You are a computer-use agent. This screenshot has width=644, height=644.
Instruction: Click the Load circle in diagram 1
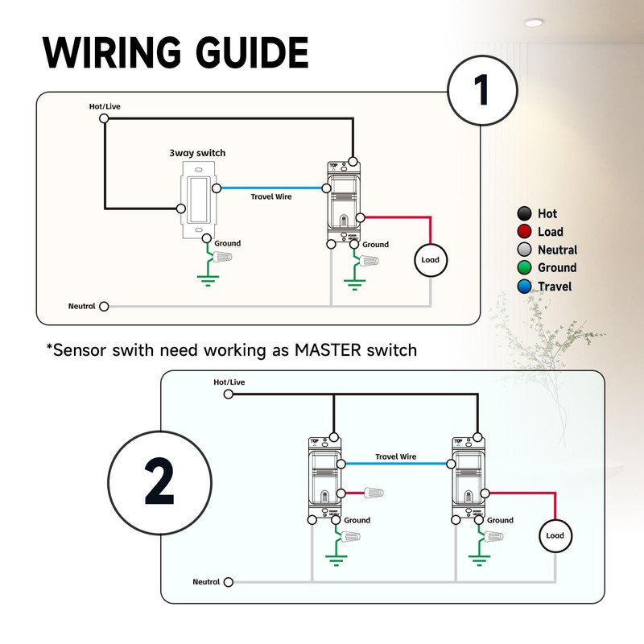coord(431,260)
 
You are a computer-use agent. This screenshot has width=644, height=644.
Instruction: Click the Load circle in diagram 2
coord(555,535)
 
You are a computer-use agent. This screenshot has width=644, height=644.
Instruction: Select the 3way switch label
coord(197,153)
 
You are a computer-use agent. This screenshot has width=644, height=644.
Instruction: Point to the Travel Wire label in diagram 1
coord(271,196)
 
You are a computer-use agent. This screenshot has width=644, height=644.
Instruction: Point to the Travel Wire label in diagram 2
coord(396,456)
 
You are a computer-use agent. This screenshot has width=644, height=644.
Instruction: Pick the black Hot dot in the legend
coord(525,213)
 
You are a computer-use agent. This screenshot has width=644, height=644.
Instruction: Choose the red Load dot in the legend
coord(525,232)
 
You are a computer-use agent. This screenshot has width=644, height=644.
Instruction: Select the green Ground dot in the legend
coord(525,268)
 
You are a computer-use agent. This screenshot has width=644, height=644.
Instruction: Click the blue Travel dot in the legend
coord(525,287)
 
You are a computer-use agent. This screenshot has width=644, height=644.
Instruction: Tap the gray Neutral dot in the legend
coord(525,250)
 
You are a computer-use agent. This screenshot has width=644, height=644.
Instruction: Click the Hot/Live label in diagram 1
coord(105,106)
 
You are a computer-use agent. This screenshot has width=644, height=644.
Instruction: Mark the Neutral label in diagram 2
coord(206,581)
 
